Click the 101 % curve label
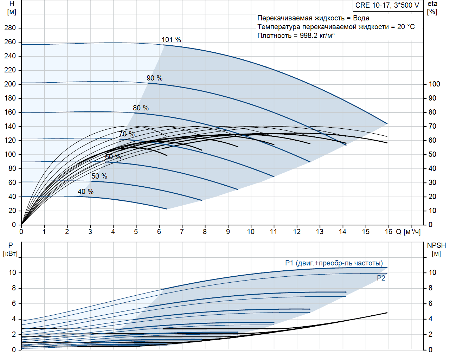point(171,40)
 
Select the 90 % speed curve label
point(154,78)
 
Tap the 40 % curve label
point(85,192)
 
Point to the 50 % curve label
point(99,176)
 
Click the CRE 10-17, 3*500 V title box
point(387,5)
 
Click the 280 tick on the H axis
point(10,28)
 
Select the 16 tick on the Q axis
point(388,232)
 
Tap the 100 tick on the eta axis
point(434,84)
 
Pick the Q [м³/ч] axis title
point(408,232)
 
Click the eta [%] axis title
point(432,8)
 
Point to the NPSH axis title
point(436,249)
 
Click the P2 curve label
point(381,278)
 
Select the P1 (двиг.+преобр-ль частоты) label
point(334,263)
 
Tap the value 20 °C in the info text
point(406,27)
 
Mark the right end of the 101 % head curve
point(387,124)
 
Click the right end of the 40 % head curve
point(167,209)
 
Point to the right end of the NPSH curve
point(387,313)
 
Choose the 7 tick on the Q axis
point(182,232)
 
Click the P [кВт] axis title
point(10,249)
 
